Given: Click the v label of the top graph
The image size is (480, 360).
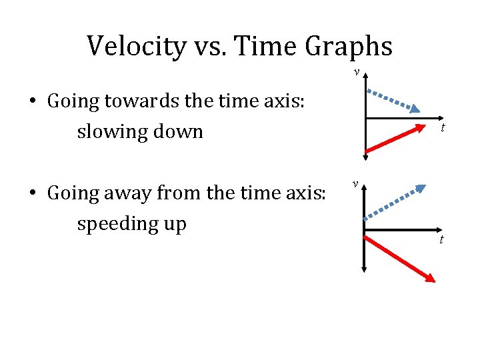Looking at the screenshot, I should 357,71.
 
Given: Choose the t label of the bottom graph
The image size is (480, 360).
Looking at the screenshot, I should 441,239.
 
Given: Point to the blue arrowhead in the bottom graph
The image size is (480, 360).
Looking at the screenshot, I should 419,189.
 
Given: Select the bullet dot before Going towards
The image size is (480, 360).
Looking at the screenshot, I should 32,102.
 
